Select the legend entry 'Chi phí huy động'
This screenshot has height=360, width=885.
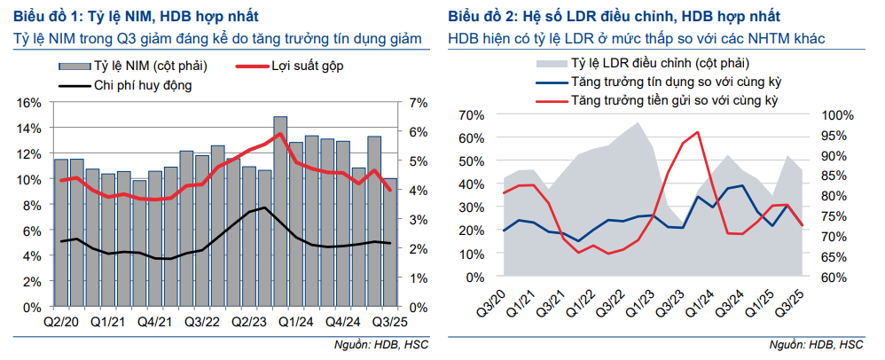143,85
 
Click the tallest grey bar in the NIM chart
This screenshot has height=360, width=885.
280,212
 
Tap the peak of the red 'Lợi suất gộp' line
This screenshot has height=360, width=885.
280,135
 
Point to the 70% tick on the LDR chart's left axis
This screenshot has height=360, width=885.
470,115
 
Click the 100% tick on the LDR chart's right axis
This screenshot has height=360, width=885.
837,115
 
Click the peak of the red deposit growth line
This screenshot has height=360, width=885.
698,132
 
